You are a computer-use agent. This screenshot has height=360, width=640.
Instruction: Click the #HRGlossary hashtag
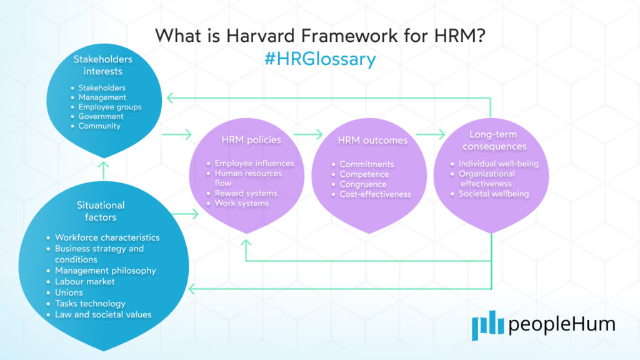[320, 59]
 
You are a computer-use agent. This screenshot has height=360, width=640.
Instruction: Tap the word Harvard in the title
[246, 35]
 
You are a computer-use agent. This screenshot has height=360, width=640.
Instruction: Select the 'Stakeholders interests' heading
[103, 66]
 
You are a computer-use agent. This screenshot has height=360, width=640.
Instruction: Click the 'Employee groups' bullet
[109, 107]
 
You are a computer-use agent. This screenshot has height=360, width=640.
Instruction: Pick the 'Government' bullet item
[101, 116]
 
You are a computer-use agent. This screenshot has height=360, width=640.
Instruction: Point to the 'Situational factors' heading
[101, 211]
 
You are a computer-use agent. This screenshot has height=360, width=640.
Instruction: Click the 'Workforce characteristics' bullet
[107, 237]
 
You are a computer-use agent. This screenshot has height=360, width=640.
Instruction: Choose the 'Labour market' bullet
[85, 281]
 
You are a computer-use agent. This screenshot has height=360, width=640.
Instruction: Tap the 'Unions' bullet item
[69, 292]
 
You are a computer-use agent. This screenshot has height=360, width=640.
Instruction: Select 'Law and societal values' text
[103, 314]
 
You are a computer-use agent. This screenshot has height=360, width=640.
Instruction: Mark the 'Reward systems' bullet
[246, 193]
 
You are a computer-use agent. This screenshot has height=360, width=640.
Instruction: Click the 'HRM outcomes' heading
[372, 140]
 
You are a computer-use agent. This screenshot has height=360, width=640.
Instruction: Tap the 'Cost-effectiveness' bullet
[375, 194]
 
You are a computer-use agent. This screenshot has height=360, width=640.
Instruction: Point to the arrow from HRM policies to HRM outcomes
[308, 133]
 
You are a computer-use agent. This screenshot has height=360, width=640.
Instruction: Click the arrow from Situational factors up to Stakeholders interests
[104, 169]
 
